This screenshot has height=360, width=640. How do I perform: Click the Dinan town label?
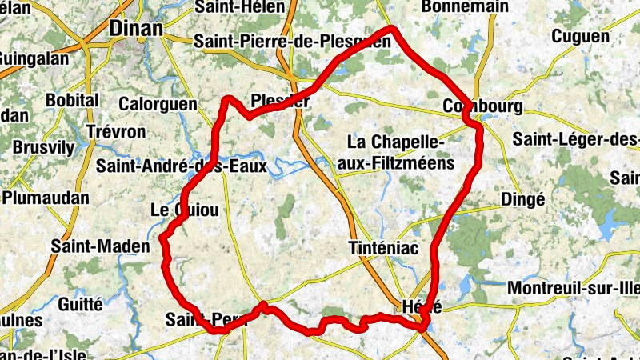[x=134, y=28]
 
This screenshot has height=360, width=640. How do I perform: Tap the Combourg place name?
[x=482, y=107]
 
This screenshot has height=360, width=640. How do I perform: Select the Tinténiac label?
[x=384, y=249]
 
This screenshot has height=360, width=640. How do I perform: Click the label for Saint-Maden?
[x=100, y=246]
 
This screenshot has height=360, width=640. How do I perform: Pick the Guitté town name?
[x=81, y=304]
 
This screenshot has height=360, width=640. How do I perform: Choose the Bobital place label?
[x=72, y=101]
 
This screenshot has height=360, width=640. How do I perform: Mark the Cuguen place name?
[x=580, y=37]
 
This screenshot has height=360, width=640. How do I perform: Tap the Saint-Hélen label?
[x=239, y=7]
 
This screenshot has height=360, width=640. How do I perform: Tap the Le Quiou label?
[x=184, y=210]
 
